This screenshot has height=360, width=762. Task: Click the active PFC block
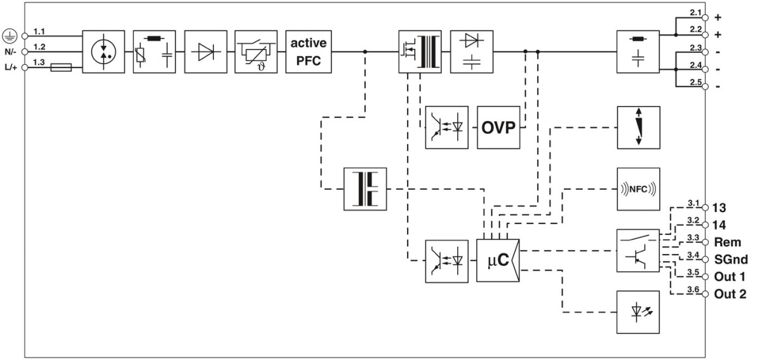point(309,51)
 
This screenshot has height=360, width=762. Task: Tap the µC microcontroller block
point(498,260)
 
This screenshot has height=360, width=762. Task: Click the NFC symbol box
point(639,189)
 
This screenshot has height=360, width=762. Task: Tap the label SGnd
point(731,259)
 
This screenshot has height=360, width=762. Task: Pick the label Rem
point(726,242)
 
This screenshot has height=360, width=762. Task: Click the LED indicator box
point(639,312)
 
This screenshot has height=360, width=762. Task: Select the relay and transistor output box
point(639,251)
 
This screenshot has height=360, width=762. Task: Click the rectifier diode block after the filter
point(207,51)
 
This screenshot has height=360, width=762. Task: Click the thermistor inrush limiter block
point(257,51)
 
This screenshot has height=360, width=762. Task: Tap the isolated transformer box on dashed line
point(364,189)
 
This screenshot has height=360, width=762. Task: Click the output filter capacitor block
point(639,51)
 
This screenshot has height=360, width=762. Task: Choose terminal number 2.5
point(695,82)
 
